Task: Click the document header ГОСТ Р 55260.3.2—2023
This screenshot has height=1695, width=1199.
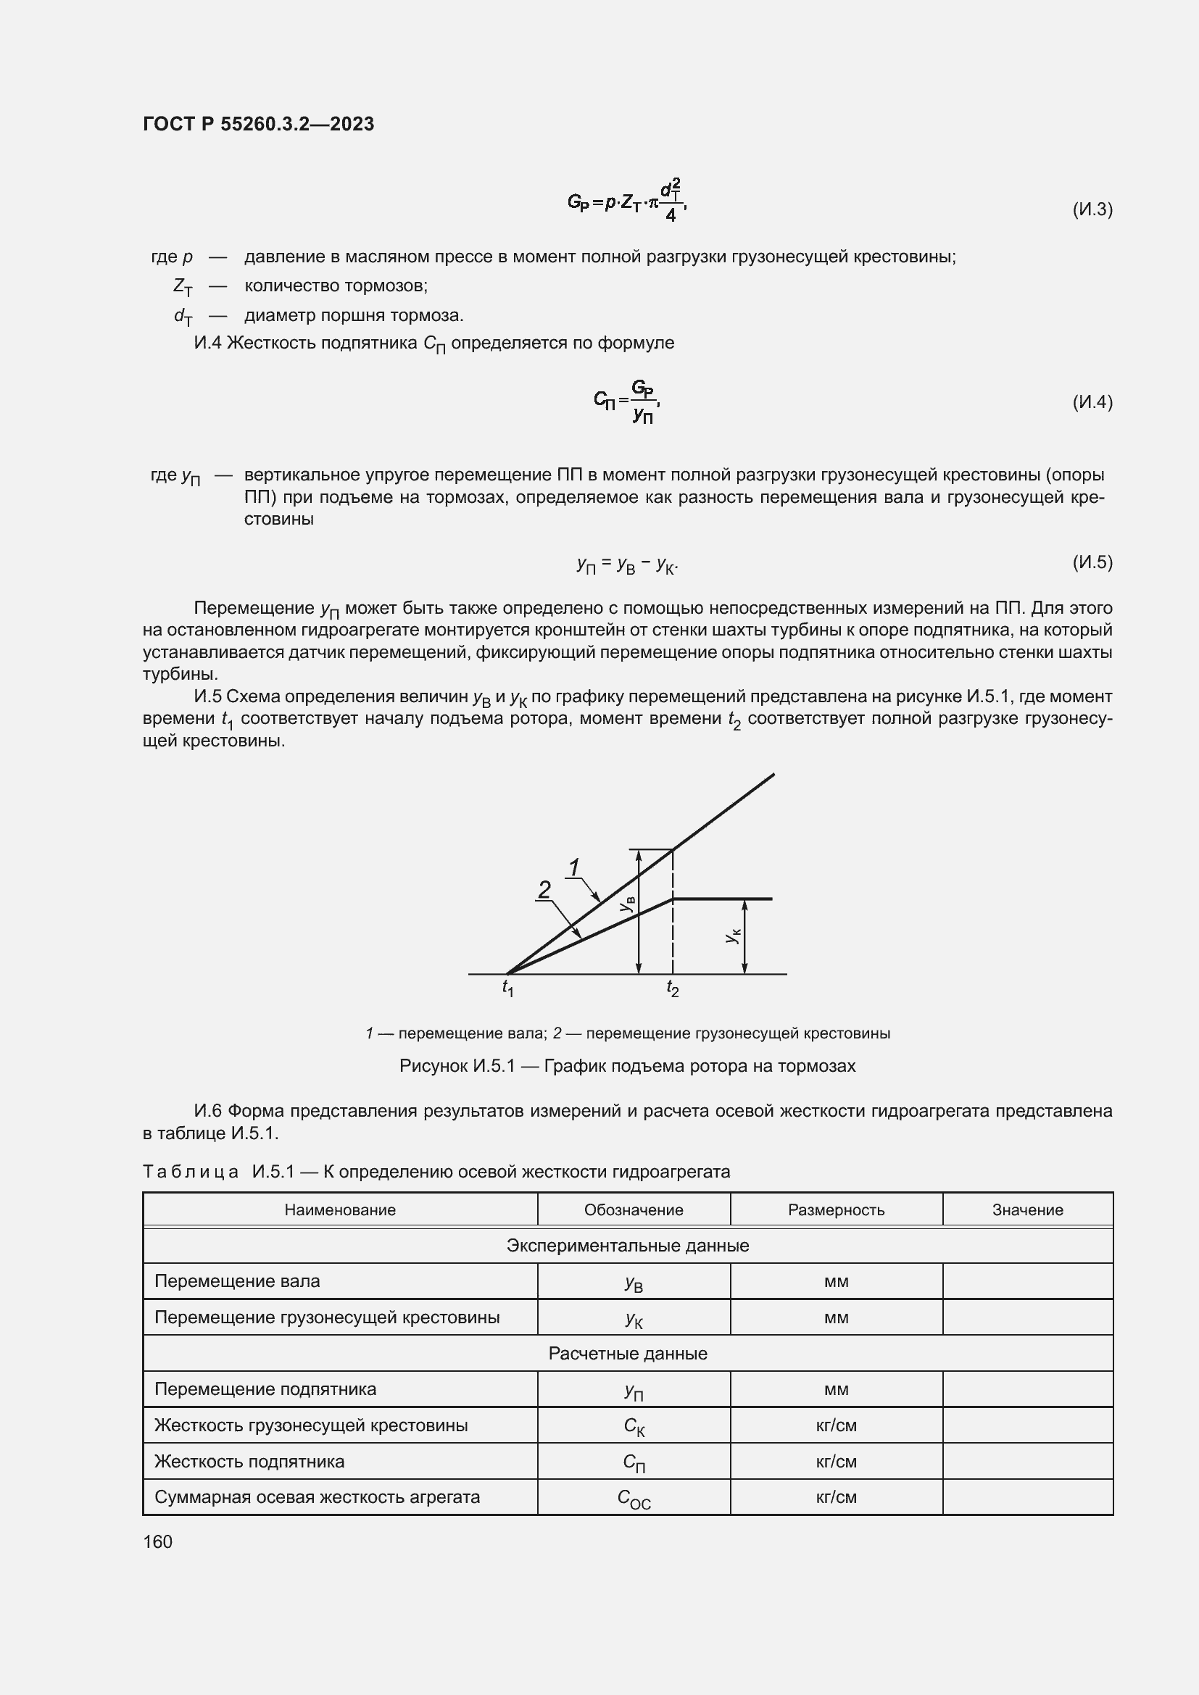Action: (x=258, y=124)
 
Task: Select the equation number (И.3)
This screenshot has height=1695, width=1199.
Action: (x=1092, y=209)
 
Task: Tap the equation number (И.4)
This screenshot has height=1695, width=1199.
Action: (x=1092, y=402)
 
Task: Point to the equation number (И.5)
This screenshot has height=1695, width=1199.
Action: (x=1092, y=562)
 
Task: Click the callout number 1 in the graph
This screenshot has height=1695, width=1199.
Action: (x=574, y=867)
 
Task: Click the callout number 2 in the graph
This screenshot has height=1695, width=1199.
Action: (x=544, y=891)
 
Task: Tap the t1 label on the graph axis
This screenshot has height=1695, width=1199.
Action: (x=508, y=988)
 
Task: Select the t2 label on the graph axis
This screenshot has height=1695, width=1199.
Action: (x=673, y=988)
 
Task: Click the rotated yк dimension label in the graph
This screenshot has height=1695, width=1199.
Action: (x=731, y=936)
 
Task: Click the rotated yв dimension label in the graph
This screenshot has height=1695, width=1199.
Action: (x=627, y=904)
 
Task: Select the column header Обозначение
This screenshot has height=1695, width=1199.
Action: (x=634, y=1210)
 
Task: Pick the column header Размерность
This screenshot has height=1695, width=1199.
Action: (x=836, y=1210)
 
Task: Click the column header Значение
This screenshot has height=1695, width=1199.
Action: (x=1027, y=1210)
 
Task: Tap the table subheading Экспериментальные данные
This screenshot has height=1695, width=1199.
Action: (x=628, y=1246)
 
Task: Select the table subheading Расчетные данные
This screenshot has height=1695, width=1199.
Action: (x=628, y=1354)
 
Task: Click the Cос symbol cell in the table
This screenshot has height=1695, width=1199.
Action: (x=634, y=1499)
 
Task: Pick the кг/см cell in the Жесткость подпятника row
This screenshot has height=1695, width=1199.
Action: (x=836, y=1462)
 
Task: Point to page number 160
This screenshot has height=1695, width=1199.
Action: (x=157, y=1541)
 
